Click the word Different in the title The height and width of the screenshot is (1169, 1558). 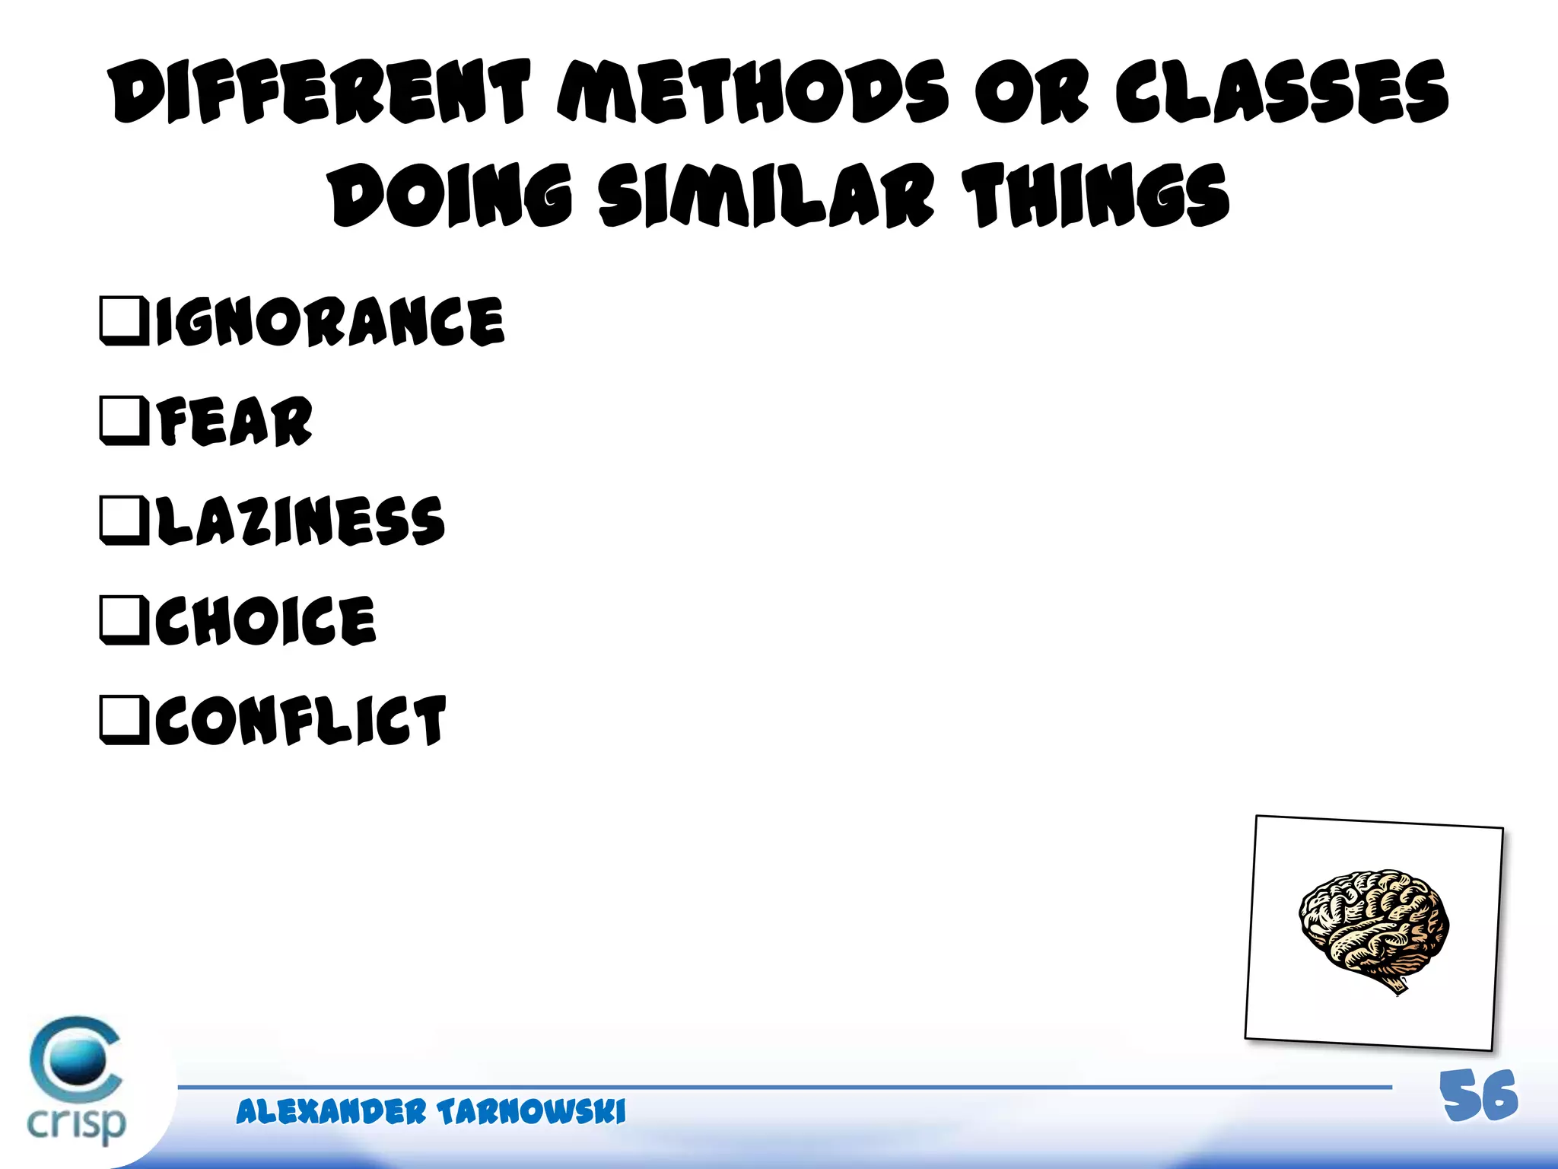tap(320, 93)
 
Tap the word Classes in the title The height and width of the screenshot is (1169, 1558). tap(1282, 93)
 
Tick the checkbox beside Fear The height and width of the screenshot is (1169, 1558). tap(123, 420)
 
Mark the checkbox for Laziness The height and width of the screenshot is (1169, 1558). tap(123, 521)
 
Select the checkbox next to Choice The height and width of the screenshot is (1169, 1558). tap(123, 620)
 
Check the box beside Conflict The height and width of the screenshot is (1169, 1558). tap(123, 720)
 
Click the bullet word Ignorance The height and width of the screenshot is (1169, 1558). tap(329, 321)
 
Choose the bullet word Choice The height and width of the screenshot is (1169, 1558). tap(265, 620)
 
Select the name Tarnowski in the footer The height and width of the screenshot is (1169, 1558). tap(531, 1112)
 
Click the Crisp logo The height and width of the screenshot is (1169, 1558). tap(76, 1081)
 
